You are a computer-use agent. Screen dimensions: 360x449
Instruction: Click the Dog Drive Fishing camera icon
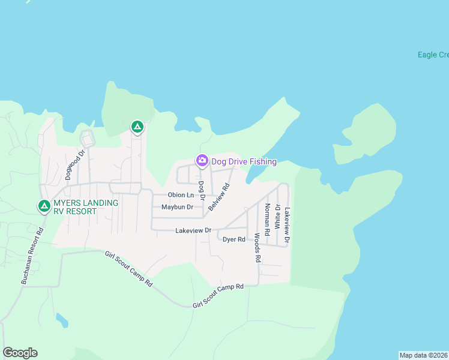point(202,160)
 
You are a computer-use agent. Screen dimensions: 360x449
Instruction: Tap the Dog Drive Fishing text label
point(244,161)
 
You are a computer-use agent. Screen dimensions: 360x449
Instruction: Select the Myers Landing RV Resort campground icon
point(44,206)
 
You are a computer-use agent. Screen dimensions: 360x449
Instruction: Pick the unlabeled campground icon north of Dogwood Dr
point(137,127)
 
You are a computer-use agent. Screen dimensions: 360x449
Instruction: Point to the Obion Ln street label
point(181,195)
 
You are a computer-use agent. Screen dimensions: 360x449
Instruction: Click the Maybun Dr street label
point(177,208)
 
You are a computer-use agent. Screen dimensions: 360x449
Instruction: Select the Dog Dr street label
point(202,190)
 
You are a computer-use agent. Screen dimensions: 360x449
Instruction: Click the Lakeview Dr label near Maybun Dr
point(193,230)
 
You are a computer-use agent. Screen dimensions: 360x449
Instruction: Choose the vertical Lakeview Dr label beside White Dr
point(288,225)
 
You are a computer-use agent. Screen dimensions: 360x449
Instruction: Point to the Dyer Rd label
point(234,239)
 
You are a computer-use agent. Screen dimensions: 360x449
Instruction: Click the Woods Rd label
point(257,247)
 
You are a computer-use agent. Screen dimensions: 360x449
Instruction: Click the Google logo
point(20,353)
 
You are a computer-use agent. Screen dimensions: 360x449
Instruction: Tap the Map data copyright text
point(424,355)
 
